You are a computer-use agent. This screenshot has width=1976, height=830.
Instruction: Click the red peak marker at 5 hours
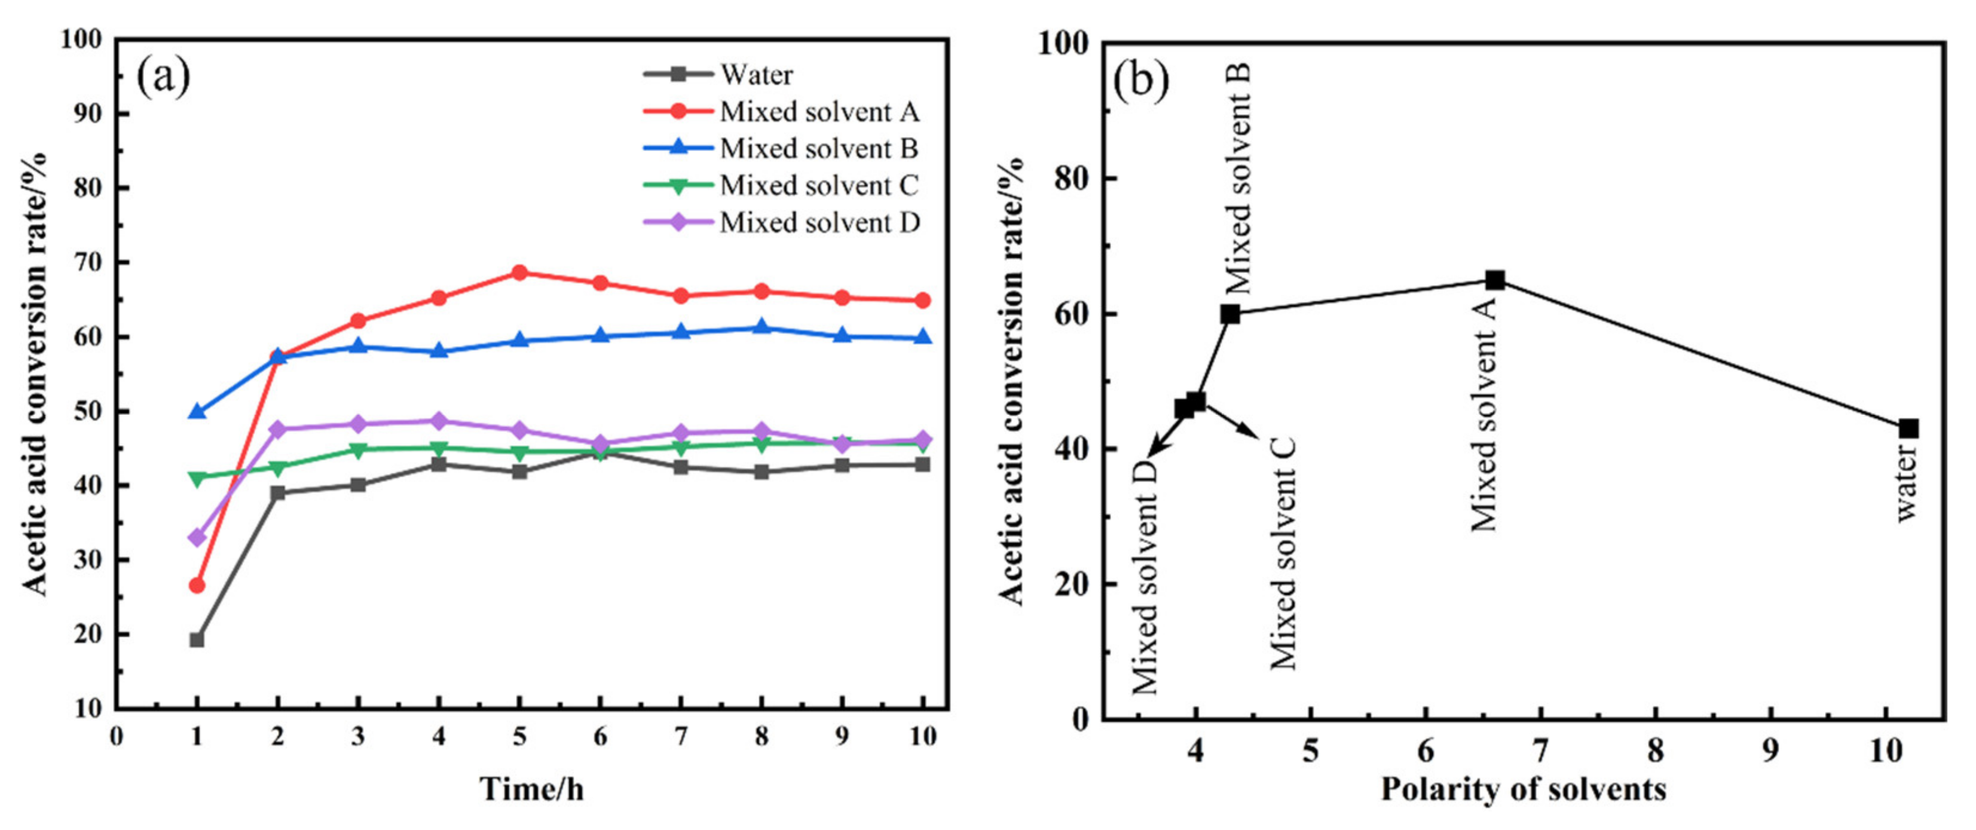coord(519,272)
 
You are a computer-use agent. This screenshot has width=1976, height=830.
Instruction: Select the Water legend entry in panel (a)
coord(755,75)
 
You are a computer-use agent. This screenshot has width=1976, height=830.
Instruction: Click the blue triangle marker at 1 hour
coord(197,412)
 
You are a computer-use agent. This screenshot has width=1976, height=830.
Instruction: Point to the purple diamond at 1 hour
coord(197,538)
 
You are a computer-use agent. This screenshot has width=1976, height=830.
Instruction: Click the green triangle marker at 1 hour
coord(197,479)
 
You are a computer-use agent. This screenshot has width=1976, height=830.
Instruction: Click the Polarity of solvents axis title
coord(1524,789)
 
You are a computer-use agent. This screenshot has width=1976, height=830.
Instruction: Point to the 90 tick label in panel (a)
coord(90,114)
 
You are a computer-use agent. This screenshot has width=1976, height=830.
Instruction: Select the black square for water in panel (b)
coord(1909,429)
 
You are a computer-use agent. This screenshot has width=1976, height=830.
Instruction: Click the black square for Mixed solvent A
coord(1495,280)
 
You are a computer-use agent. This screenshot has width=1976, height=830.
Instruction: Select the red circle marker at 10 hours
coord(923,301)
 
